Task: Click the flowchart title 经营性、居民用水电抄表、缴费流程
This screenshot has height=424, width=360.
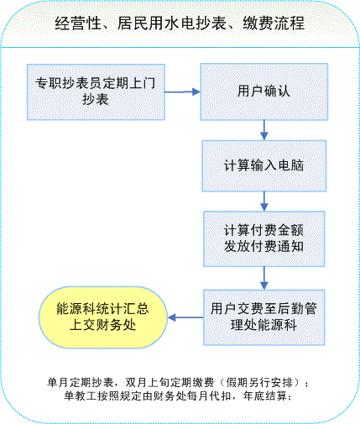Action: pyautogui.click(x=180, y=23)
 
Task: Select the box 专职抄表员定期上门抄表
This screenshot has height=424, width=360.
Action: pyautogui.click(x=96, y=92)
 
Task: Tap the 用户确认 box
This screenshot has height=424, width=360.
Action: pyautogui.click(x=263, y=92)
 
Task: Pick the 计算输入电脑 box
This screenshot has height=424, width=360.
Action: pyautogui.click(x=263, y=166)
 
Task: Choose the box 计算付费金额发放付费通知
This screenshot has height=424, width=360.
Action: pyautogui.click(x=263, y=238)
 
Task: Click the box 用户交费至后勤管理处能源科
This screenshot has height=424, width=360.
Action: pyautogui.click(x=263, y=317)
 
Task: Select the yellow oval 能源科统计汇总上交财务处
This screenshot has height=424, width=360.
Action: pyautogui.click(x=103, y=317)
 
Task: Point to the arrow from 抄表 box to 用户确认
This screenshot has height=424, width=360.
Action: pyautogui.click(x=182, y=92)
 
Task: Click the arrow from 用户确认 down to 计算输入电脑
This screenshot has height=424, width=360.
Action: pyautogui.click(x=264, y=130)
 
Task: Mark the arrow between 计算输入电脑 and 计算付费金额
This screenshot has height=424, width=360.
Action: pyautogui.click(x=264, y=202)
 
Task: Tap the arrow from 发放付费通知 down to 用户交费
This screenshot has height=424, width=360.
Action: pyautogui.click(x=264, y=278)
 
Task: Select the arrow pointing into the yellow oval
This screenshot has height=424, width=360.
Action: pyautogui.click(x=185, y=317)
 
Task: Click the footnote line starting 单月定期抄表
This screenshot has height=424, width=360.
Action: pyautogui.click(x=178, y=382)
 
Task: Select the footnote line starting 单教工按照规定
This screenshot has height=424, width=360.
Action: pyautogui.click(x=178, y=395)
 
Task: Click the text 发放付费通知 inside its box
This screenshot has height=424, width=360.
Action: pyautogui.click(x=263, y=247)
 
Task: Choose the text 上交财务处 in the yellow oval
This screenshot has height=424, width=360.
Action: pyautogui.click(x=102, y=325)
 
